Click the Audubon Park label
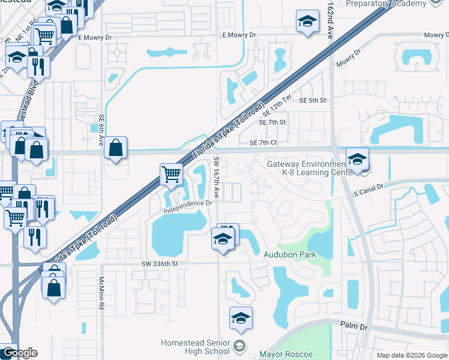point(290,254)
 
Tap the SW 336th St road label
point(160,263)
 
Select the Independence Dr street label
point(188,203)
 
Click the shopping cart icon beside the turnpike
point(171,175)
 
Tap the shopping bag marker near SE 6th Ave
point(115,148)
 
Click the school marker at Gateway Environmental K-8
point(357,160)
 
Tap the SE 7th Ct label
point(263,142)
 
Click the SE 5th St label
point(312,100)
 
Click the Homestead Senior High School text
point(195,347)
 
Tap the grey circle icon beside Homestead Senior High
point(240,345)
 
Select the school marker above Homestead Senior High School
point(241,319)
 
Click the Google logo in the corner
point(19,353)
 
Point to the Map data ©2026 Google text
point(412,355)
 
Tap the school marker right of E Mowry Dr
point(307,22)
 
